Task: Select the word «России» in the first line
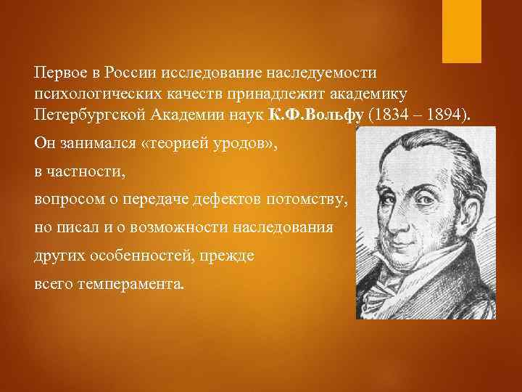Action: click(129, 73)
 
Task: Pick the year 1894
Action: click(447, 115)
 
